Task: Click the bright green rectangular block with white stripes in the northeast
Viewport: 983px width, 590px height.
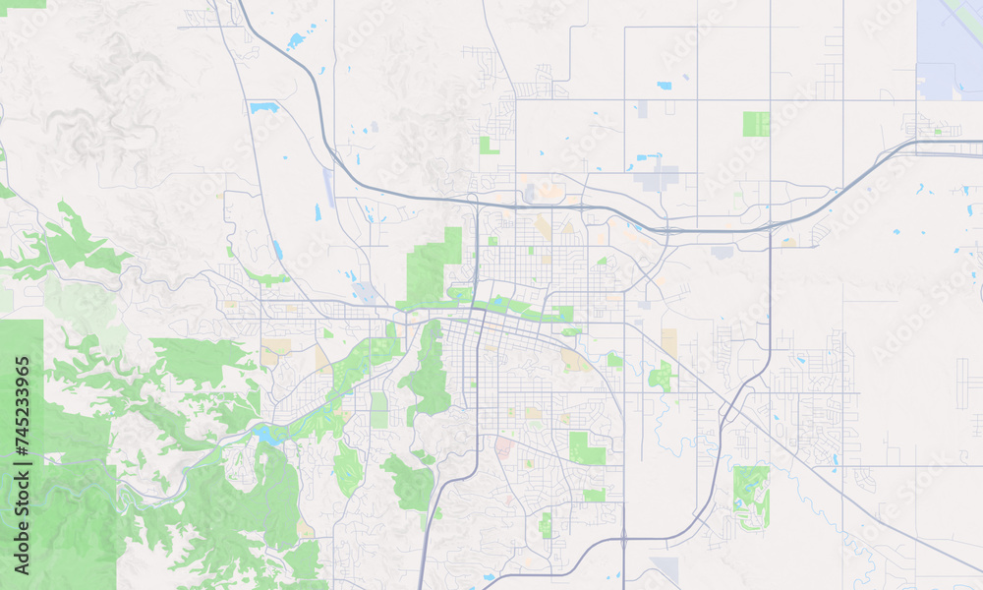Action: [x=756, y=124]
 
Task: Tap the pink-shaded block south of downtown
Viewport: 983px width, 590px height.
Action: [x=503, y=448]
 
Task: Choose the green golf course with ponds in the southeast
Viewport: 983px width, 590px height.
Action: [x=751, y=497]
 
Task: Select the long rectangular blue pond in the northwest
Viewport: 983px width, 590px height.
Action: [x=263, y=107]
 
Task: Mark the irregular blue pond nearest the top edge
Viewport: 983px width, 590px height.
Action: [x=296, y=41]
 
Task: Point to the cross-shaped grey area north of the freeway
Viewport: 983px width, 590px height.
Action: [x=657, y=179]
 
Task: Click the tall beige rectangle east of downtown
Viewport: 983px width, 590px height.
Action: [x=669, y=342]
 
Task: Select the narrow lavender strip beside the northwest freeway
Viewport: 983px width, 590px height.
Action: [x=329, y=188]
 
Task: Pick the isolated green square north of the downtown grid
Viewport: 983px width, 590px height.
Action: [x=488, y=146]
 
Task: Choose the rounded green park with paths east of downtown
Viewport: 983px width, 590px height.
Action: [x=661, y=376]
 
